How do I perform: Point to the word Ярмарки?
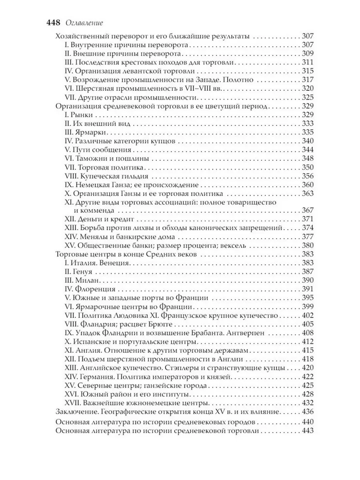point(88,132)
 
